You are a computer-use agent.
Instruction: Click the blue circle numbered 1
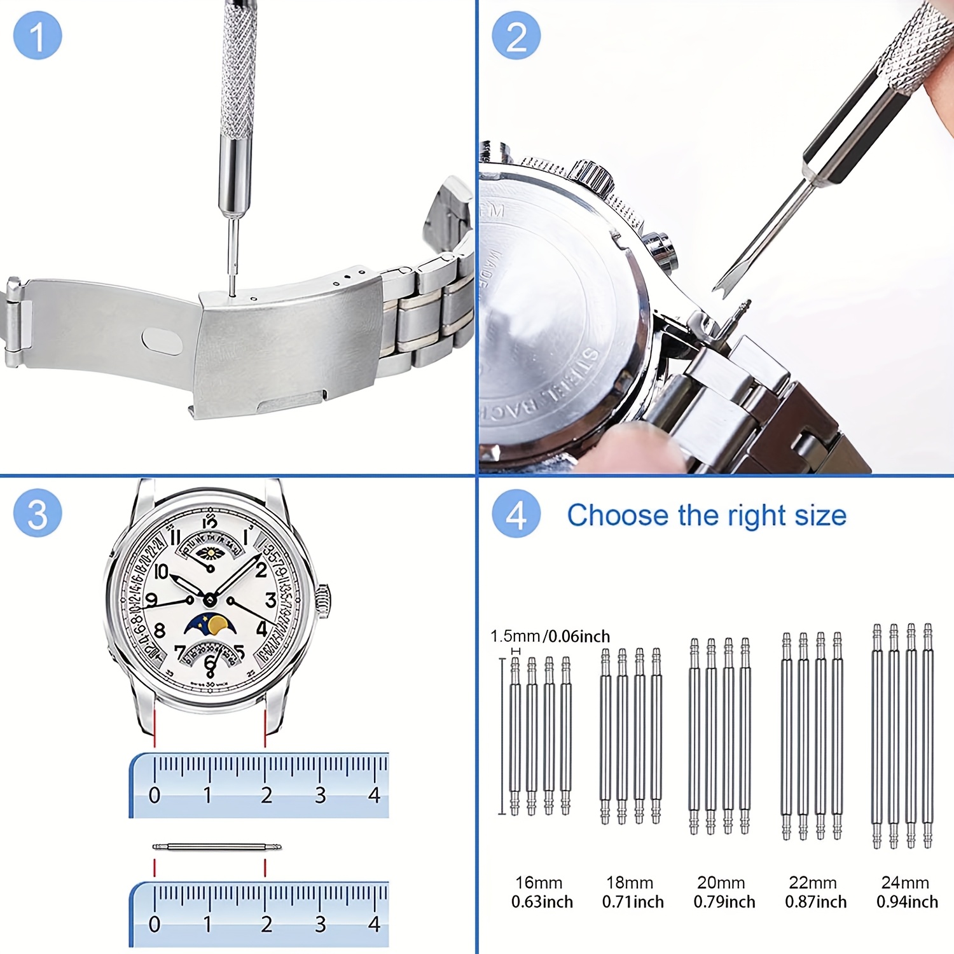(x=38, y=36)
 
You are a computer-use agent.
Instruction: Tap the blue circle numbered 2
(x=516, y=36)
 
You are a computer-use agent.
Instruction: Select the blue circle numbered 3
(x=38, y=513)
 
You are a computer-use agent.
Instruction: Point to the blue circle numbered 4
(x=516, y=513)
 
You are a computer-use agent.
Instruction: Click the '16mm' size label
(x=539, y=883)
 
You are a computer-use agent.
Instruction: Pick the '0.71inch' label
(x=633, y=902)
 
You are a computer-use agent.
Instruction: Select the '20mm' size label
(x=721, y=883)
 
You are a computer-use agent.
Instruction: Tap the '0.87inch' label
(x=815, y=902)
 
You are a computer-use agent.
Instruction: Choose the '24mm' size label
(x=905, y=883)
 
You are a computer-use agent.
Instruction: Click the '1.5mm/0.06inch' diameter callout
(x=550, y=636)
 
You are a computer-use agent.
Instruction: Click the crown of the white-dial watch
(x=324, y=601)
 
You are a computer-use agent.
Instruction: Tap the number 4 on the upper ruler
(x=374, y=795)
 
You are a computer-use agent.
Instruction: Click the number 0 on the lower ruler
(x=155, y=923)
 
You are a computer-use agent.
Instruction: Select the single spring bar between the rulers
(x=217, y=847)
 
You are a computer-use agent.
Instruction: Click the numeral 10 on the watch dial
(x=162, y=572)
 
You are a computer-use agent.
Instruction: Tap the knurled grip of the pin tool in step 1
(x=238, y=76)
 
